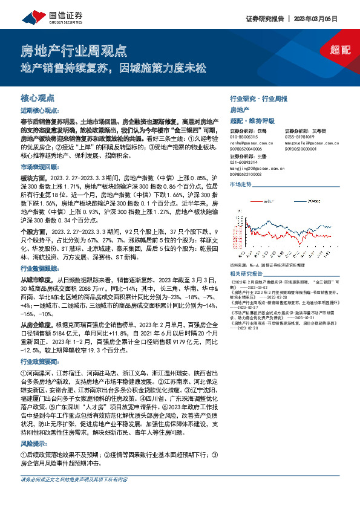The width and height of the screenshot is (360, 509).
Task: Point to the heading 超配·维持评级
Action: [x=251, y=119]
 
